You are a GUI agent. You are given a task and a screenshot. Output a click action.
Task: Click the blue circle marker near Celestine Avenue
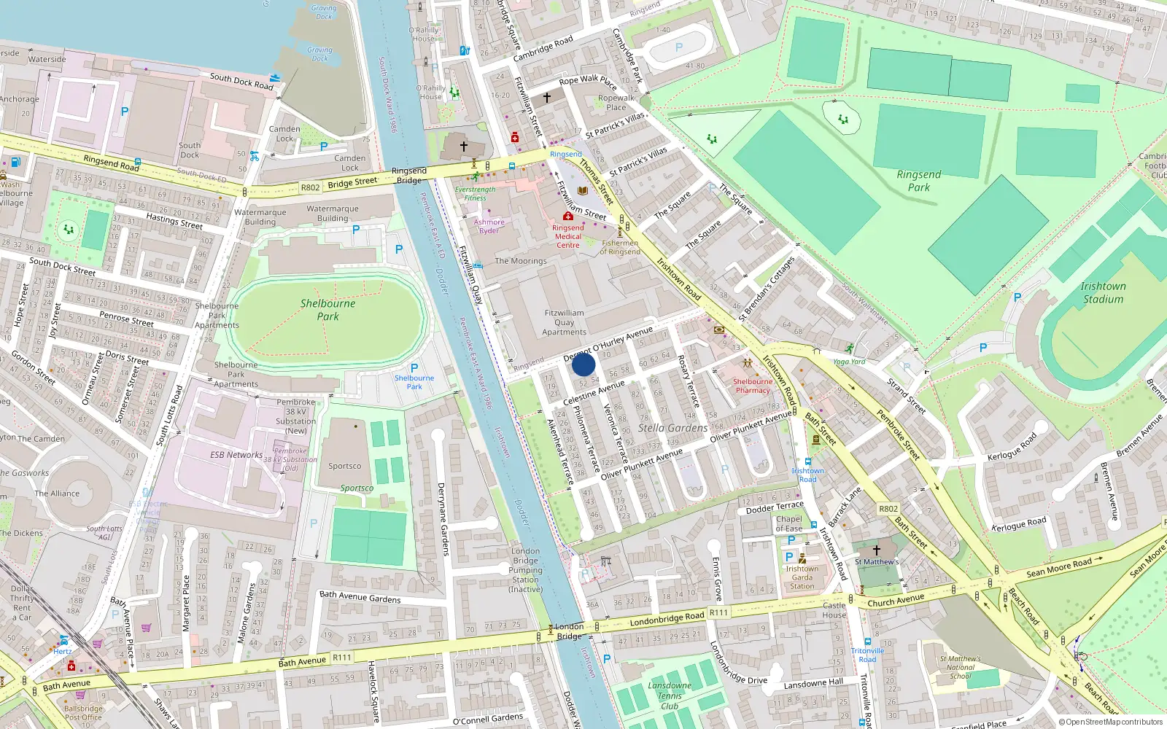click(583, 364)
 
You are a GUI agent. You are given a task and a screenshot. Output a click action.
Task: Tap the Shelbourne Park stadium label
click(327, 310)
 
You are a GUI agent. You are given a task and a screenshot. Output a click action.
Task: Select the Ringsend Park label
click(918, 180)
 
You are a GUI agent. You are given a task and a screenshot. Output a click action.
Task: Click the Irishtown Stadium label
click(1103, 292)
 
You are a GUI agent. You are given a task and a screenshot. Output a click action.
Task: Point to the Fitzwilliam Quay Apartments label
click(564, 322)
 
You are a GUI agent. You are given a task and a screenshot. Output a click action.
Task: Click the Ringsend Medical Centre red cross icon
click(567, 217)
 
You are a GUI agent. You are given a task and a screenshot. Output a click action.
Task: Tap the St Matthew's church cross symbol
click(877, 550)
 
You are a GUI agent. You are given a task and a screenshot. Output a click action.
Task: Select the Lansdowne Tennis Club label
click(669, 695)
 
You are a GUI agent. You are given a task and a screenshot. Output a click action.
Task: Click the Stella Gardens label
click(672, 428)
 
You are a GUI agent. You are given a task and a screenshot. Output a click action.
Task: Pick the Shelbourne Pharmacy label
click(752, 386)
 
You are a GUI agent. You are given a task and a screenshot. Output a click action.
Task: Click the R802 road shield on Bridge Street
click(310, 187)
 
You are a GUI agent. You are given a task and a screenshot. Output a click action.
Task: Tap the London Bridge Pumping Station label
click(525, 570)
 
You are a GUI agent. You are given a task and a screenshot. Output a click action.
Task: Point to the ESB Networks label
click(236, 455)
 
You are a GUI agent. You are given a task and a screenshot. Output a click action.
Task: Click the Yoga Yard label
click(849, 362)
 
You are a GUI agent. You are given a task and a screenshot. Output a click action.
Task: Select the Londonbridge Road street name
click(667, 618)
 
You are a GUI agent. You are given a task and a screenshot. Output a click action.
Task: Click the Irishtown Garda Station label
click(802, 577)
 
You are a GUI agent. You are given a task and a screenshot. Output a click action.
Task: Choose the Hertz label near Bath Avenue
click(63, 651)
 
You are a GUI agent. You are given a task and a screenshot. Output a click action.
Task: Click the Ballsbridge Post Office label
click(83, 712)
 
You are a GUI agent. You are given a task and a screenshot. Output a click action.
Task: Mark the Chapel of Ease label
click(788, 523)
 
